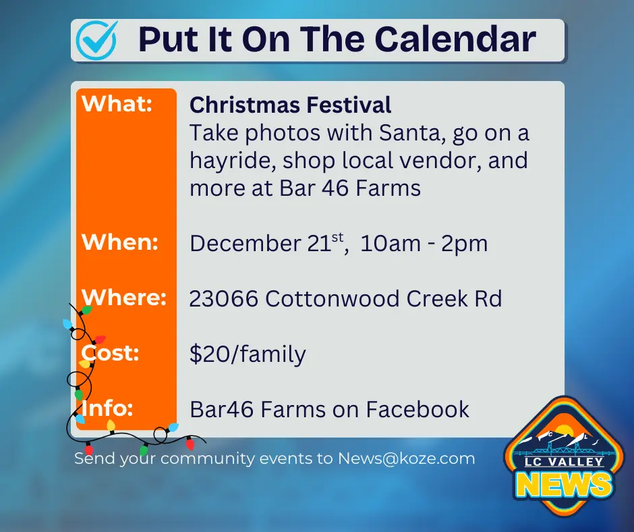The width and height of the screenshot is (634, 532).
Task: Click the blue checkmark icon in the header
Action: coord(97,40)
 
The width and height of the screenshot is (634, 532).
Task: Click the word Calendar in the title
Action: coord(455,39)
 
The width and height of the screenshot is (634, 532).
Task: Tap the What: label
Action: coord(117,104)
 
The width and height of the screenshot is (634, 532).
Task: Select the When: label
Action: coord(119,242)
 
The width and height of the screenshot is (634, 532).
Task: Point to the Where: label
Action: coord(124,298)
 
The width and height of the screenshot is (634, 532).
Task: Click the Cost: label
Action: coord(110,353)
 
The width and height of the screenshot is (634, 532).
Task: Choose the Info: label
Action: coord(107,408)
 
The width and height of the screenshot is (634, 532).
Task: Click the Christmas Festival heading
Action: coord(290,105)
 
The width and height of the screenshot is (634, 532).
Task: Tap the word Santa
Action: coord(412,133)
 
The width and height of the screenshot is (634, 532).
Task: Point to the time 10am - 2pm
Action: coord(424,243)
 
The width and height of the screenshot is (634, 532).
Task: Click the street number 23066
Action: coord(224,299)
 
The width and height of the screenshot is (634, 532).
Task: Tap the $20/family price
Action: coord(248,354)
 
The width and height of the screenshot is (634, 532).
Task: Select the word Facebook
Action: coord(417,409)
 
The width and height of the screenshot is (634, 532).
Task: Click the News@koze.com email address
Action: coord(406,458)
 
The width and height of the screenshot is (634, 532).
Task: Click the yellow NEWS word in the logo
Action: coord(564,485)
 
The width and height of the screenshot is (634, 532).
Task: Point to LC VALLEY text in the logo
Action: coord(564,462)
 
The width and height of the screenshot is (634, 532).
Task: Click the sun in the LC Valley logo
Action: coord(563,431)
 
